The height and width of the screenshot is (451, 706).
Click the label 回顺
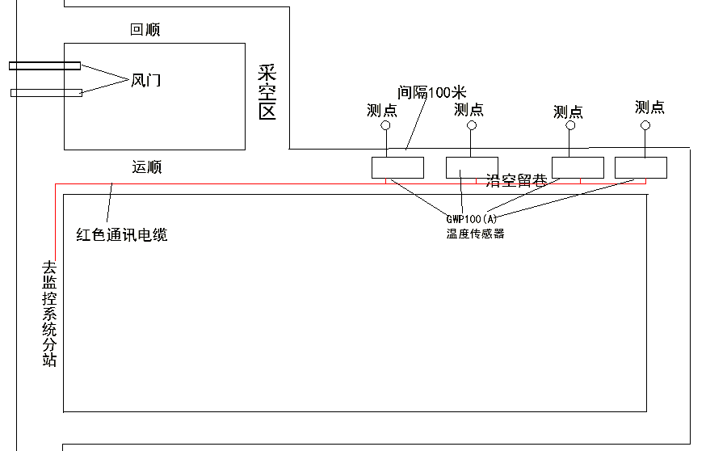click(145, 30)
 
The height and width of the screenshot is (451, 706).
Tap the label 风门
click(145, 79)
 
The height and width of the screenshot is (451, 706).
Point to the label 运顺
click(146, 167)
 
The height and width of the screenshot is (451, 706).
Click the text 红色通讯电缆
click(122, 235)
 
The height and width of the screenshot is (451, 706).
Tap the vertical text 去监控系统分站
click(49, 314)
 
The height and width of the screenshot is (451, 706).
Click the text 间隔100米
click(432, 91)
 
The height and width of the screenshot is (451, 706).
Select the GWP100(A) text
click(473, 219)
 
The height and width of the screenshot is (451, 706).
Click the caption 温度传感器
click(475, 234)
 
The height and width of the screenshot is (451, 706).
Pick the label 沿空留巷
click(517, 182)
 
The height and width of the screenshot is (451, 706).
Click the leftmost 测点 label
click(381, 110)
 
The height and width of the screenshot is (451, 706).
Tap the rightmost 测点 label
click(649, 107)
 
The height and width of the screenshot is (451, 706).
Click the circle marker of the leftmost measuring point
click(386, 126)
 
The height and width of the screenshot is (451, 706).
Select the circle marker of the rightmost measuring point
click(645, 125)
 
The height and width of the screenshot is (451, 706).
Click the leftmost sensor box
click(397, 167)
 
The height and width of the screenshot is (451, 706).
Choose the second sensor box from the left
click(473, 167)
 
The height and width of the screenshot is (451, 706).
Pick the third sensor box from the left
click(578, 166)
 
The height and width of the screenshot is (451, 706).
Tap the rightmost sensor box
click(641, 166)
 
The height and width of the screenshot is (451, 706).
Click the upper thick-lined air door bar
click(44, 65)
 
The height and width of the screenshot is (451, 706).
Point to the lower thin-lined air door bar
click(46, 92)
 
